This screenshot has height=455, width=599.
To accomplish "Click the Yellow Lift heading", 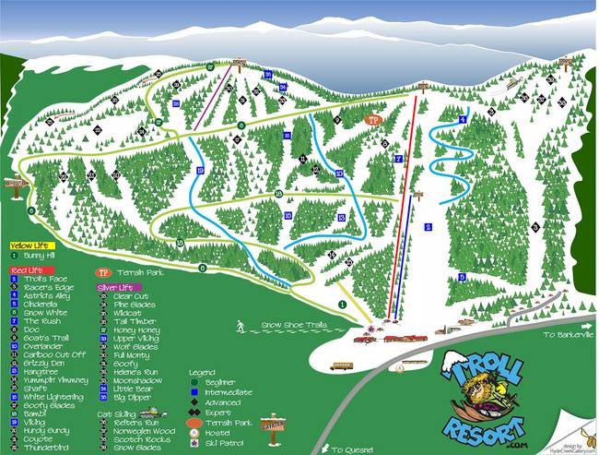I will pyautogui.click(x=27, y=245).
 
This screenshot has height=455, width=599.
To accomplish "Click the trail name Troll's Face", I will pyautogui.click(x=41, y=278).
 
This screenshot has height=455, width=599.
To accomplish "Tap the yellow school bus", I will pyautogui.click(x=342, y=365).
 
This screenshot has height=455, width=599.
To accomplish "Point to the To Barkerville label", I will pyautogui.click(x=563, y=335).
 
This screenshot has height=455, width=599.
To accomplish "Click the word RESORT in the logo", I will pyautogui.click(x=481, y=426).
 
